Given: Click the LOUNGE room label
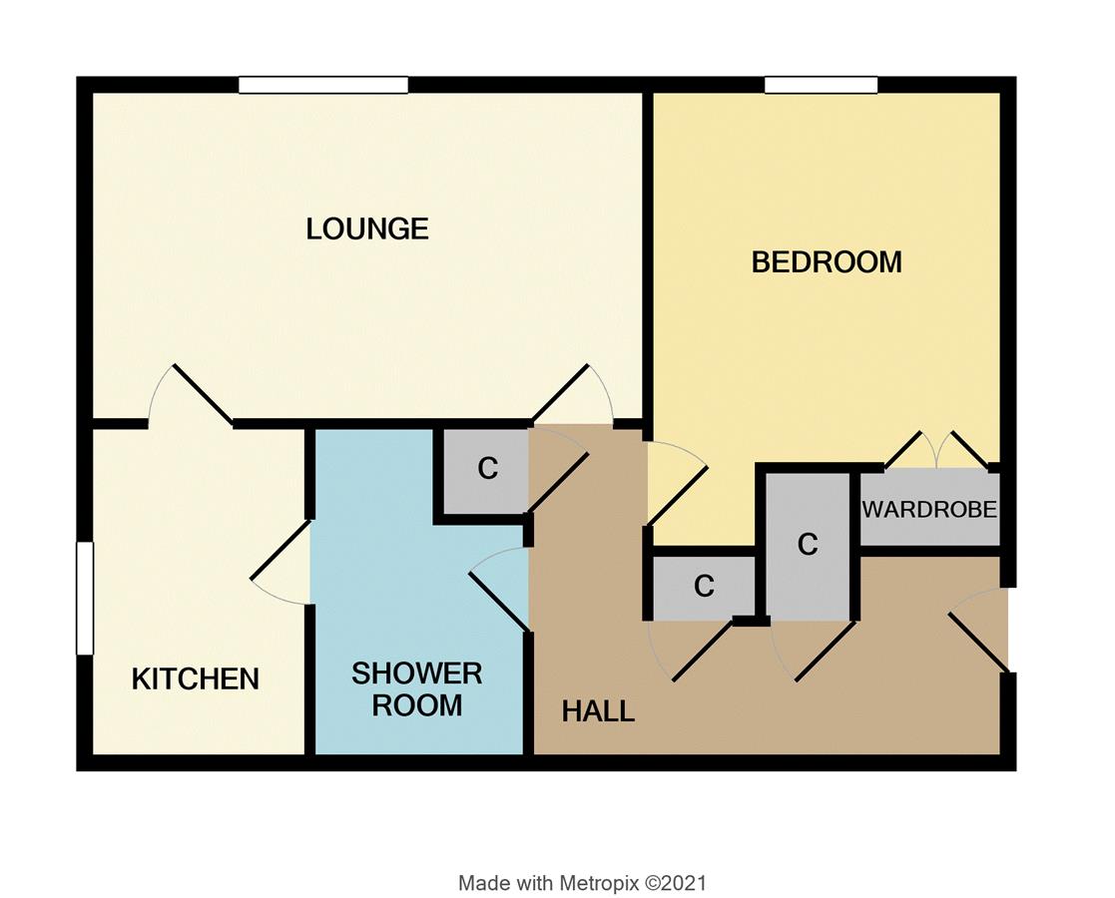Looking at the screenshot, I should pyautogui.click(x=367, y=228).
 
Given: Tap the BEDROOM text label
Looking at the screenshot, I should pyautogui.click(x=827, y=262).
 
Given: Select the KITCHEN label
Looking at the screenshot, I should pyautogui.click(x=196, y=679).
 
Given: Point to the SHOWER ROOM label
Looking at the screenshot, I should pyautogui.click(x=416, y=688).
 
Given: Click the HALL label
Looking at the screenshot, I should pyautogui.click(x=598, y=711).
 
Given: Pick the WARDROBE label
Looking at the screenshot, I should pyautogui.click(x=929, y=510).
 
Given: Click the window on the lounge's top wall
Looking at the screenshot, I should pyautogui.click(x=323, y=86).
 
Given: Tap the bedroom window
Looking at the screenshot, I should pyautogui.click(x=821, y=86).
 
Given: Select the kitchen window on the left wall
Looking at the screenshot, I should pyautogui.click(x=85, y=598).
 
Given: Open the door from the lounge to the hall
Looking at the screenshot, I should pyautogui.click(x=573, y=399).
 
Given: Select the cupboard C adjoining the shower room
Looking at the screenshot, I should pyautogui.click(x=487, y=469).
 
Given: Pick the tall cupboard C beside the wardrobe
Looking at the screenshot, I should pyautogui.click(x=808, y=545).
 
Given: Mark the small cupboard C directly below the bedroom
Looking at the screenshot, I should pyautogui.click(x=704, y=587).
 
